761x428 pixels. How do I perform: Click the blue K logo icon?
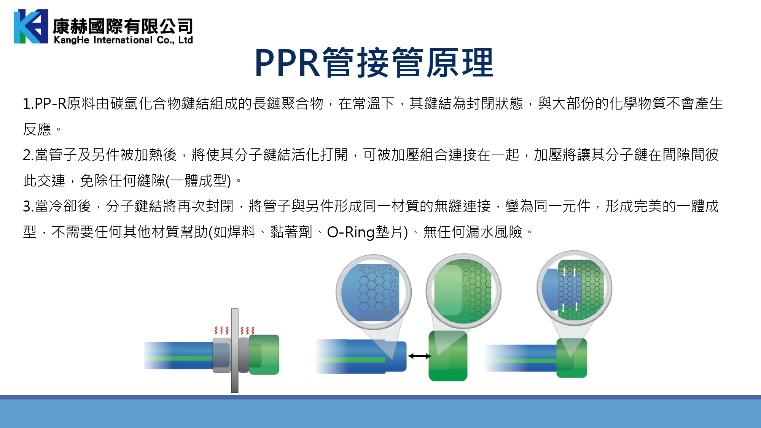click(31, 26)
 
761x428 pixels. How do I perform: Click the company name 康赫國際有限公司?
click(123, 26)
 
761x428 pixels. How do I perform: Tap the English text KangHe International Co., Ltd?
click(123, 40)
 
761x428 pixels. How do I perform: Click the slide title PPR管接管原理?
click(374, 63)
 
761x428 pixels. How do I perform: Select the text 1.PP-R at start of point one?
click(45, 103)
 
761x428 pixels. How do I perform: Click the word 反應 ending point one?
click(37, 129)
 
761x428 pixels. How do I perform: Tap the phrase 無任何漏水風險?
click(473, 232)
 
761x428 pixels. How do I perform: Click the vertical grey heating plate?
click(235, 350)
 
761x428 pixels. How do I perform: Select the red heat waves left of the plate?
click(221, 330)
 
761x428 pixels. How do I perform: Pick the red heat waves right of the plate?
click(247, 330)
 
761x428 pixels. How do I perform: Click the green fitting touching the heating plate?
click(264, 355)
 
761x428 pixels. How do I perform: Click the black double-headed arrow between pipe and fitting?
click(419, 356)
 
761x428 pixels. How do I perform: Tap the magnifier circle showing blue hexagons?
click(374, 292)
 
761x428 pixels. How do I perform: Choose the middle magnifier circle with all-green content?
click(463, 291)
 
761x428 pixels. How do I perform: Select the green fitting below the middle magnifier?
click(448, 356)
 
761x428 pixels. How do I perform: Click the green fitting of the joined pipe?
click(572, 358)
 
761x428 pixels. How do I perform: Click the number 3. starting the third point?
click(29, 206)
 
